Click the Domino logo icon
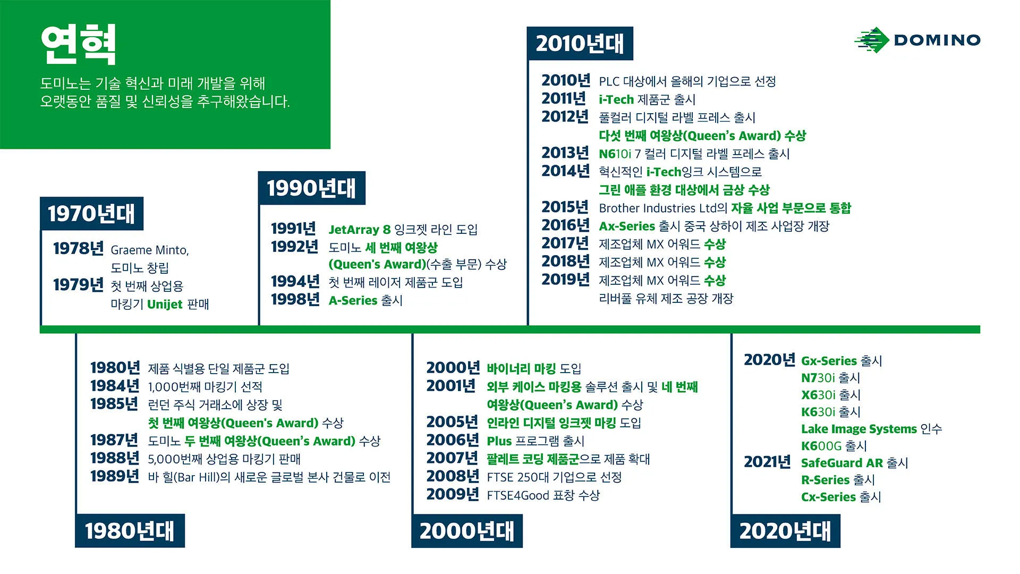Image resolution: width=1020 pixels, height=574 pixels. pyautogui.click(x=871, y=40)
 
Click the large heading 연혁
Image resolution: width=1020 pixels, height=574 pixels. pyautogui.click(x=78, y=45)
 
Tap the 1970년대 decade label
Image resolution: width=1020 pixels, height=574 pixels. pyautogui.click(x=91, y=214)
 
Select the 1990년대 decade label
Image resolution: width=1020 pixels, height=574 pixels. pyautogui.click(x=311, y=188)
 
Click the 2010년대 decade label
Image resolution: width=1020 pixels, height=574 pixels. pyautogui.click(x=580, y=44)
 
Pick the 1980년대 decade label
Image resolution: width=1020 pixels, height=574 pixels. pyautogui.click(x=130, y=530)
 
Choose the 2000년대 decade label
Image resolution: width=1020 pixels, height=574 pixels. pyautogui.click(x=466, y=530)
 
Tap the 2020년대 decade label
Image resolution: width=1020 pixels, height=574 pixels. pyautogui.click(x=785, y=530)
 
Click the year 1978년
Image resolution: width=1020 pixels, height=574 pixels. pyautogui.click(x=78, y=248)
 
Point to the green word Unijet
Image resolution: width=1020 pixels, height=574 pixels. pyautogui.click(x=165, y=304)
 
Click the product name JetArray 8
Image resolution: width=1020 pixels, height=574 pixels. pyautogui.click(x=359, y=230)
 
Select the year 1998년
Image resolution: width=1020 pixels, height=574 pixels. pyautogui.click(x=295, y=300)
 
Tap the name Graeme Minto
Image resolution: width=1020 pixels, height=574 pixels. pyautogui.click(x=149, y=250)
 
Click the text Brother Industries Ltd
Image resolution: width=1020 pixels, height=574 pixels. pyautogui.click(x=658, y=208)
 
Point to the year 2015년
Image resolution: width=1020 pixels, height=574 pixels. pyautogui.click(x=565, y=207)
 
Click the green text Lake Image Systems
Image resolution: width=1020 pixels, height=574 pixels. pyautogui.click(x=858, y=429)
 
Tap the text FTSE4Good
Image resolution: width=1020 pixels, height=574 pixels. pyautogui.click(x=517, y=495)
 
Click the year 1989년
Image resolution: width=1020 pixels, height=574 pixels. pyautogui.click(x=114, y=476)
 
